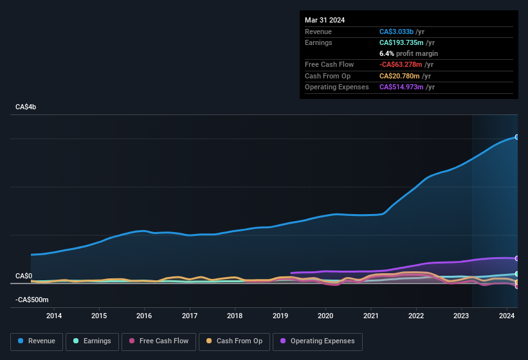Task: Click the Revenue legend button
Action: [37, 341]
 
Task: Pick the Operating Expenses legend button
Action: [318, 341]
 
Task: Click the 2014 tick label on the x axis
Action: [54, 316]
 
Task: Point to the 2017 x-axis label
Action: [190, 316]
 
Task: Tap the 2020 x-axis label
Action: [325, 316]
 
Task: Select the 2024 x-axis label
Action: [506, 316]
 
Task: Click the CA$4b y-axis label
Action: [26, 107]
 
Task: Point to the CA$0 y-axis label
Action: [24, 276]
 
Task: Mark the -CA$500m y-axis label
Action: [32, 300]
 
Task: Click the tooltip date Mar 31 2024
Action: [325, 20]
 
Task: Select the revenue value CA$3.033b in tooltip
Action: [396, 32]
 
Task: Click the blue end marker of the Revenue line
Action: [517, 137]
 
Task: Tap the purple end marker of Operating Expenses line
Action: [517, 258]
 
